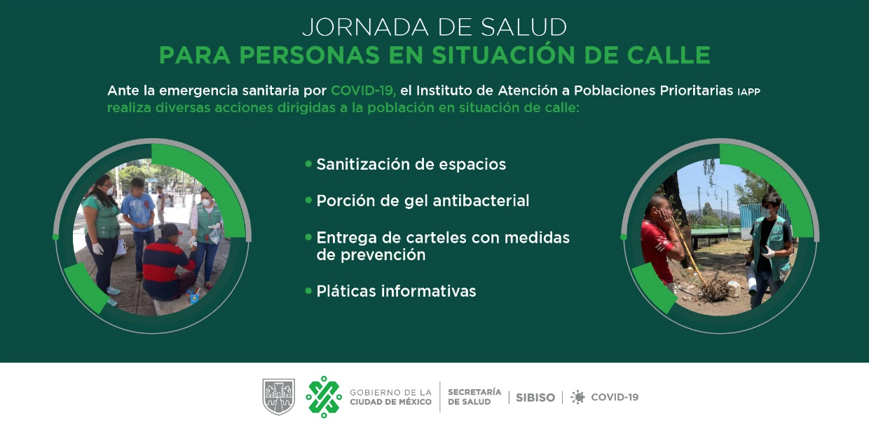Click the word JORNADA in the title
coord(365,27)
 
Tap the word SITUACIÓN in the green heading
coord(503,55)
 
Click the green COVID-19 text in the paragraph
coord(363,90)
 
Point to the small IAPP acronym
coord(748,92)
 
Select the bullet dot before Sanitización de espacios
coord(308,164)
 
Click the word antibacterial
coord(481,201)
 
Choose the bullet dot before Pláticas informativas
coord(308,290)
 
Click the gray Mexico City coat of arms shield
coord(278,397)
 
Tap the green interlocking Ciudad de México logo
coord(324,397)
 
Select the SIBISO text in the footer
coord(535,398)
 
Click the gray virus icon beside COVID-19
coord(577,397)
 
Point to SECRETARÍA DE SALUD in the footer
coord(474,397)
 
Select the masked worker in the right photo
coord(769,248)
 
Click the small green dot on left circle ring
coord(55,237)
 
